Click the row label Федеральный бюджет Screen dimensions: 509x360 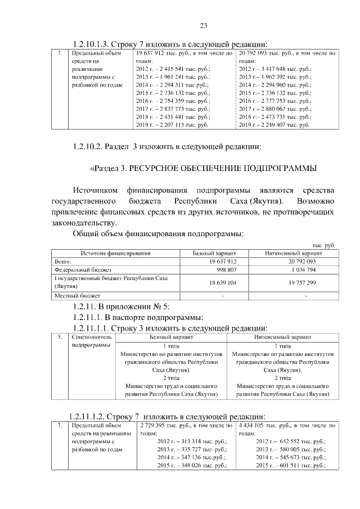coord(77,270)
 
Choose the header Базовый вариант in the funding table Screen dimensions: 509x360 coord(214,254)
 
